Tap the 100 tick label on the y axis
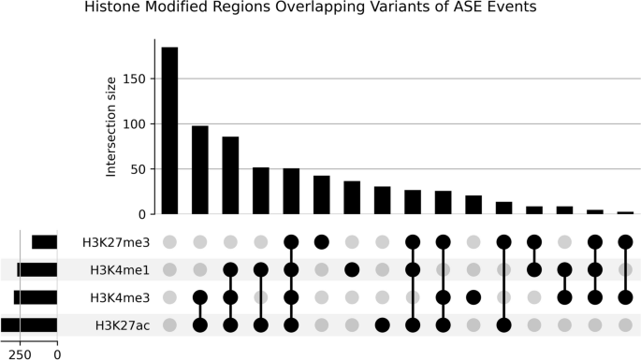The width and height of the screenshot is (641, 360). pos(135,124)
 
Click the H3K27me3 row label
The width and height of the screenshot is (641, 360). pos(116,242)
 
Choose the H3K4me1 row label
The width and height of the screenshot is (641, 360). pos(119,270)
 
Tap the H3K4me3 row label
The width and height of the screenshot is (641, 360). pos(119,297)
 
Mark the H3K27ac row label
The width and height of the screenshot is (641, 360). pos(121,325)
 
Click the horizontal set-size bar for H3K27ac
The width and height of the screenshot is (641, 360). pos(29,325)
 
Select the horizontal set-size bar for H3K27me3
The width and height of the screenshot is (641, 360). pos(44,242)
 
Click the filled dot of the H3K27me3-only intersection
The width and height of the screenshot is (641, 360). pos(322,242)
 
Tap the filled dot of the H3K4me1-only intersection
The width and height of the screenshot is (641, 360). pos(352,270)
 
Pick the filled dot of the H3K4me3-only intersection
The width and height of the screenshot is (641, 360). pos(473,297)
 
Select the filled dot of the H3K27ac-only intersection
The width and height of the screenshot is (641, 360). pos(383,325)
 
